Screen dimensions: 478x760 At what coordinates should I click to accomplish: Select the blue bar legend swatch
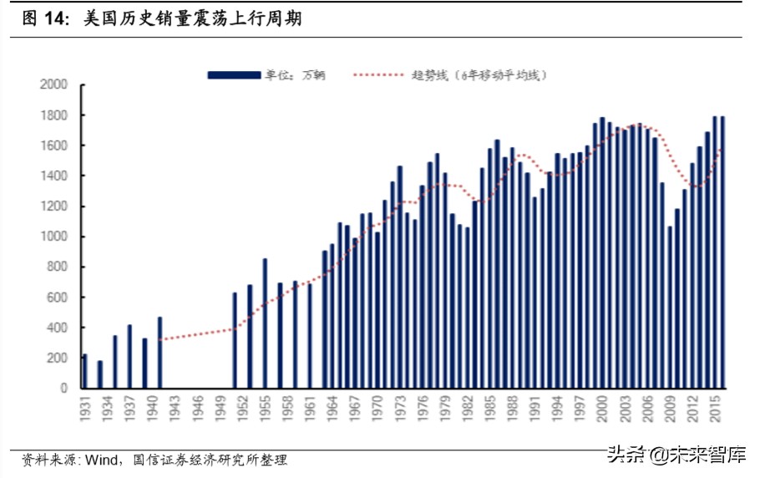pos(233,75)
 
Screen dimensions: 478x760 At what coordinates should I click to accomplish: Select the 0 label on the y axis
pos(63,389)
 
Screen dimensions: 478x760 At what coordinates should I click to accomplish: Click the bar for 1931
pos(84,371)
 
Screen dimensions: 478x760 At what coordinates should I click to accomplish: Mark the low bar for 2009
pos(670,307)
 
